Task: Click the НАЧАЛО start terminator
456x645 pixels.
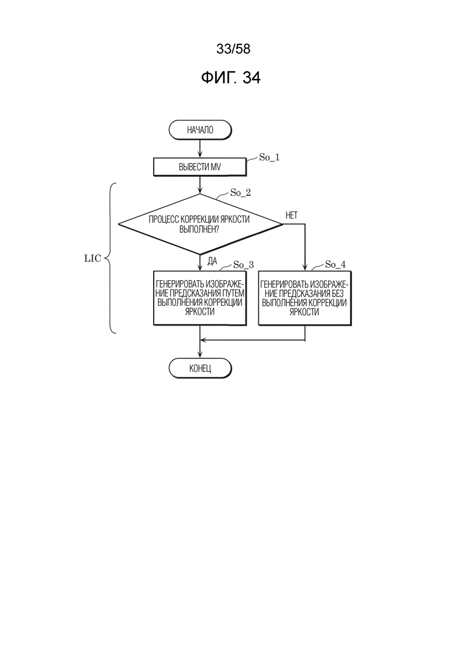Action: click(x=200, y=130)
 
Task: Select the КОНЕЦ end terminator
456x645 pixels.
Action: click(x=201, y=368)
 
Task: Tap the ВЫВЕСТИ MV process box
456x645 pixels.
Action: click(x=200, y=167)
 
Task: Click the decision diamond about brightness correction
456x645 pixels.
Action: click(x=201, y=224)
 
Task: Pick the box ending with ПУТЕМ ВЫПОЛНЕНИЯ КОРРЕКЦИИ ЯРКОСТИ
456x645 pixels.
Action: click(x=200, y=298)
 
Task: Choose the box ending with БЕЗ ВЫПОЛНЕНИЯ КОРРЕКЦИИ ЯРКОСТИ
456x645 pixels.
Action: click(x=305, y=298)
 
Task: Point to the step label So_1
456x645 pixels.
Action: click(x=270, y=157)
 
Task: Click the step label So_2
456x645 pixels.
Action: click(x=240, y=192)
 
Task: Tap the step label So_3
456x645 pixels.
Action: click(x=243, y=264)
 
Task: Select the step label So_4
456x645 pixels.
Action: click(x=335, y=264)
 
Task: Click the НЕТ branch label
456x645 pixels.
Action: click(x=292, y=215)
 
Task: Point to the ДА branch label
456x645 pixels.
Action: click(x=212, y=261)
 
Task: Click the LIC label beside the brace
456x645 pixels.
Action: click(x=92, y=258)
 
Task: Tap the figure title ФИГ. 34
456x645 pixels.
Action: click(x=231, y=77)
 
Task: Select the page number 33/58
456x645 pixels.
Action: click(x=233, y=49)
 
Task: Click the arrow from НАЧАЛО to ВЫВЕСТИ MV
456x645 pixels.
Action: click(x=200, y=149)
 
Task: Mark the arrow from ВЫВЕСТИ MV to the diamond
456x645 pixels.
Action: click(x=200, y=185)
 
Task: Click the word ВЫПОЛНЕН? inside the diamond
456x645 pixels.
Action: click(x=199, y=230)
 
